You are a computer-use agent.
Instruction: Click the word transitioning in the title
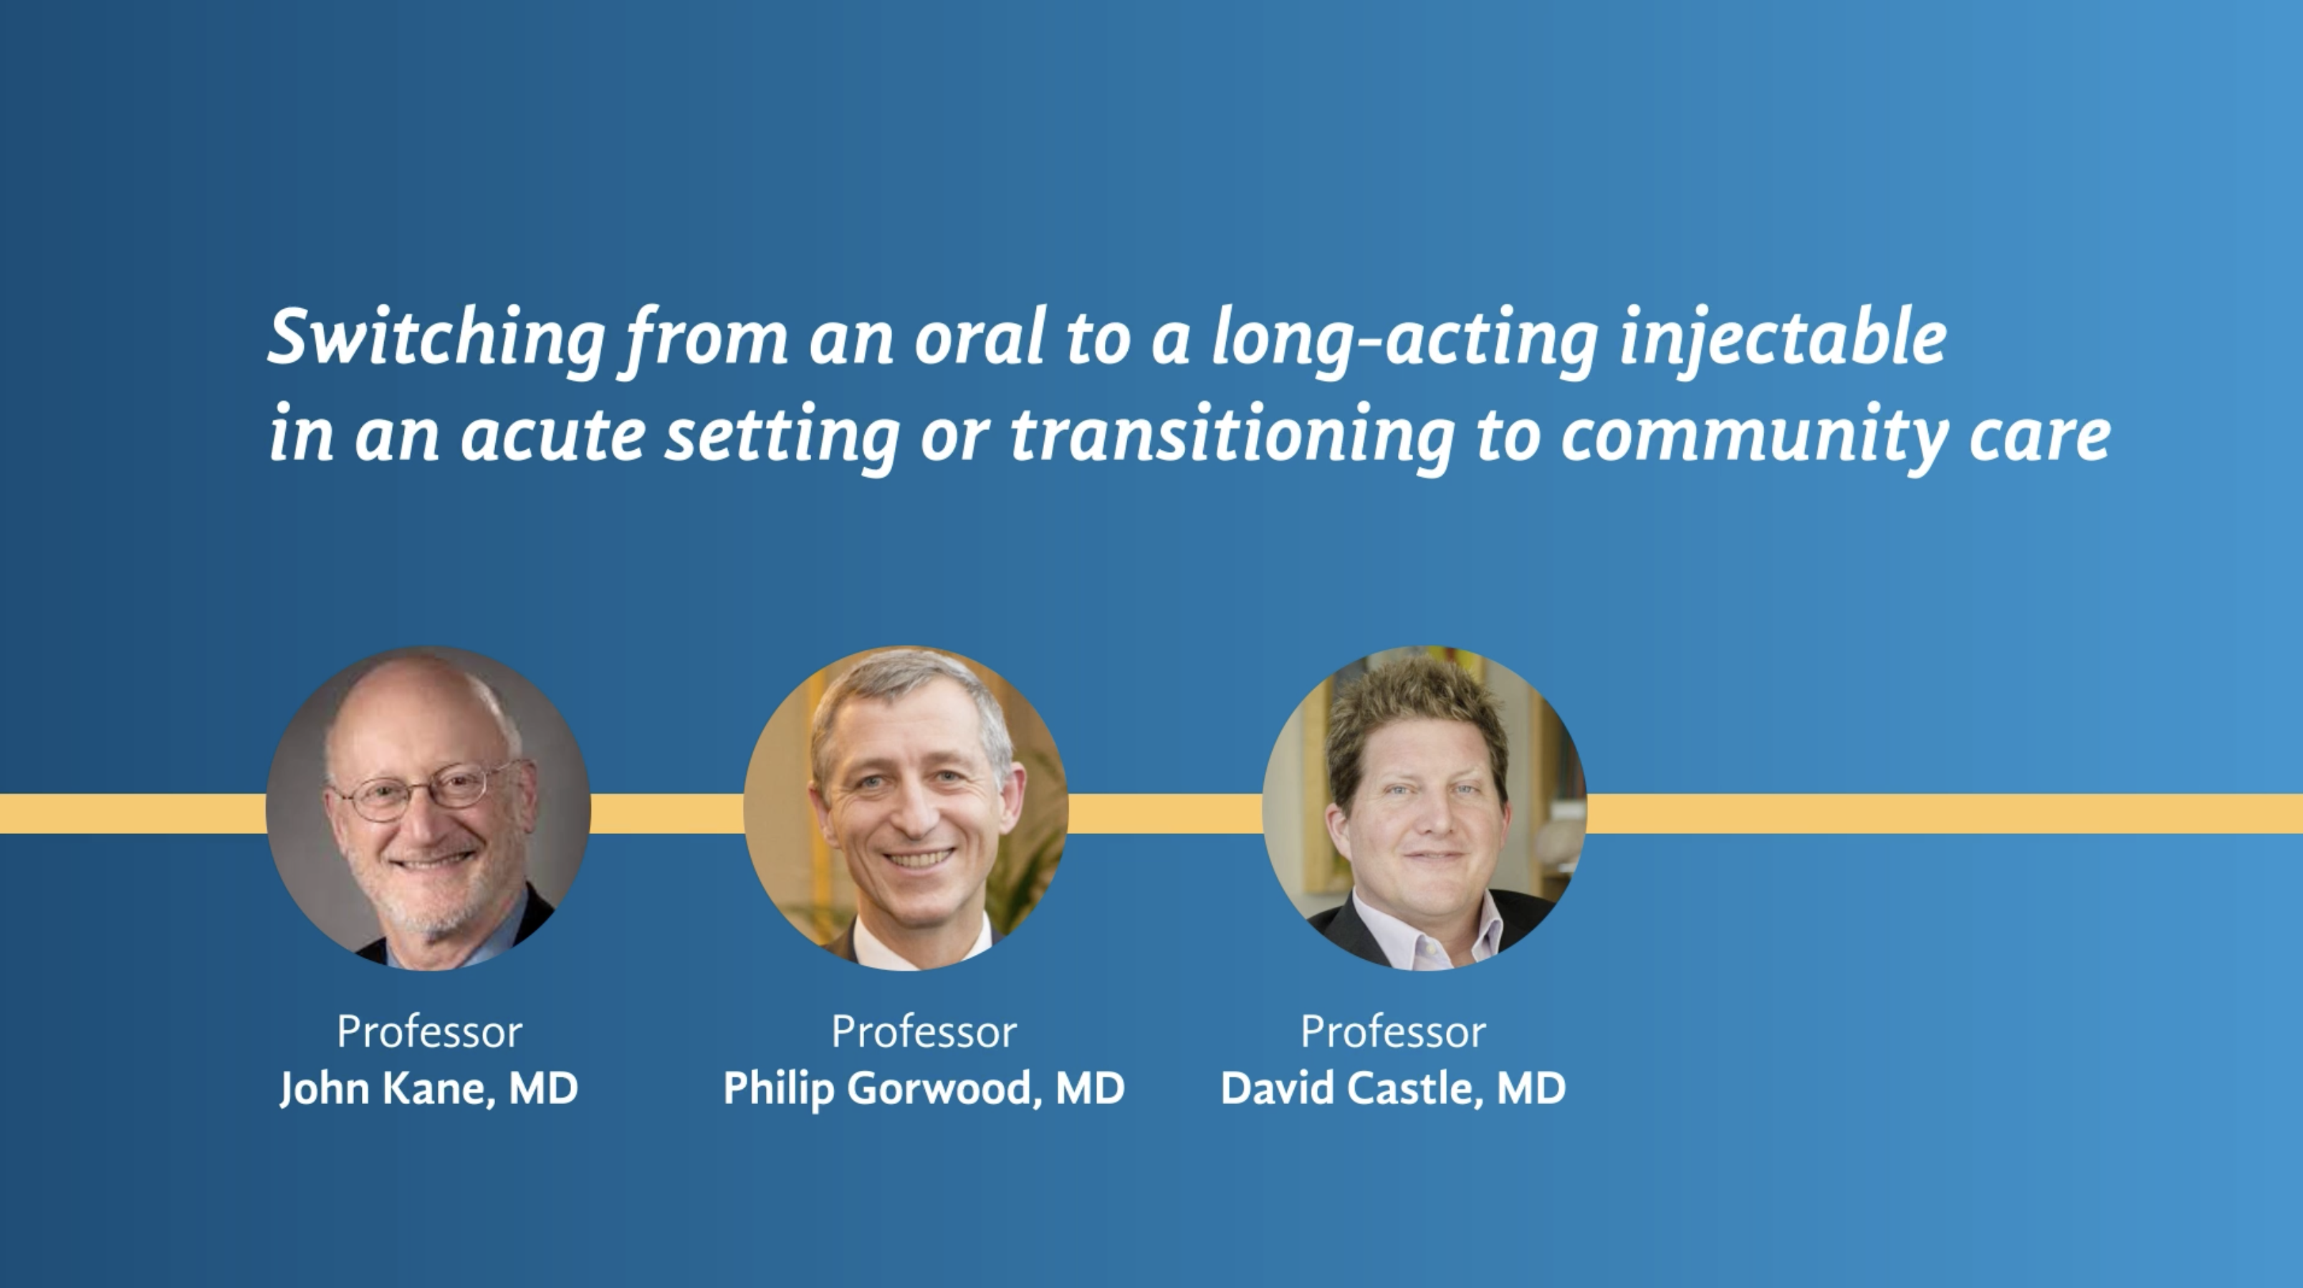pyautogui.click(x=1232, y=436)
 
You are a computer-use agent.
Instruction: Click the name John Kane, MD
pyautogui.click(x=429, y=1089)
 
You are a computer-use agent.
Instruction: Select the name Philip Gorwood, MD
pyautogui.click(x=924, y=1089)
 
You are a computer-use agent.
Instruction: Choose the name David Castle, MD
pyautogui.click(x=1393, y=1089)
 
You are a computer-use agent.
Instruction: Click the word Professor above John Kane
pyautogui.click(x=429, y=1032)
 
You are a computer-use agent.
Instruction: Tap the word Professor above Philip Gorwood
pyautogui.click(x=924, y=1032)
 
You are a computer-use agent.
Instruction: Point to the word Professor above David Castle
pyautogui.click(x=1393, y=1032)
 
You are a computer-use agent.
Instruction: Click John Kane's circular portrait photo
pyautogui.click(x=428, y=808)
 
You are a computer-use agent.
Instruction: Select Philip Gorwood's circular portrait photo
pyautogui.click(x=906, y=808)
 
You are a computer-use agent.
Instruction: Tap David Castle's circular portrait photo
pyautogui.click(x=1425, y=808)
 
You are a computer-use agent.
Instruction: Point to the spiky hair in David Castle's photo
pyautogui.click(x=1417, y=715)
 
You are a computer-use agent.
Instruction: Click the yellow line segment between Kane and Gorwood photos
pyautogui.click(x=667, y=812)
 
